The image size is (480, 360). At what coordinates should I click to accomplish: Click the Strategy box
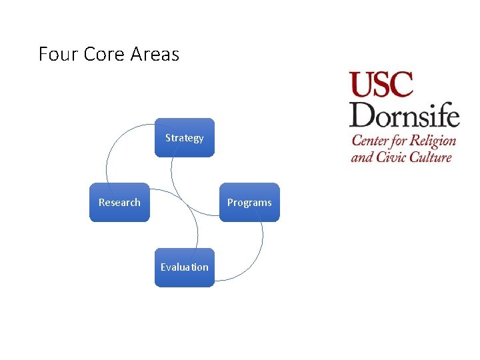(x=185, y=138)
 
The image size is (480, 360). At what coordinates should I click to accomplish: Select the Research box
(x=119, y=202)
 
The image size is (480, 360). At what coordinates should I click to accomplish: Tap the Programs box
(x=249, y=202)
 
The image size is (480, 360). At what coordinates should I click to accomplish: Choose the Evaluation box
(x=185, y=267)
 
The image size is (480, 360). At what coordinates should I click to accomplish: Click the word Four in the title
(x=59, y=54)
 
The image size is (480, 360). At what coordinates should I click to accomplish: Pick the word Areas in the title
(x=155, y=54)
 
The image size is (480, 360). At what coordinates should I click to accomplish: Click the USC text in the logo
(x=381, y=85)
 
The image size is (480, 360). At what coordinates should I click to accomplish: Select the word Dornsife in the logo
(x=405, y=115)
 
